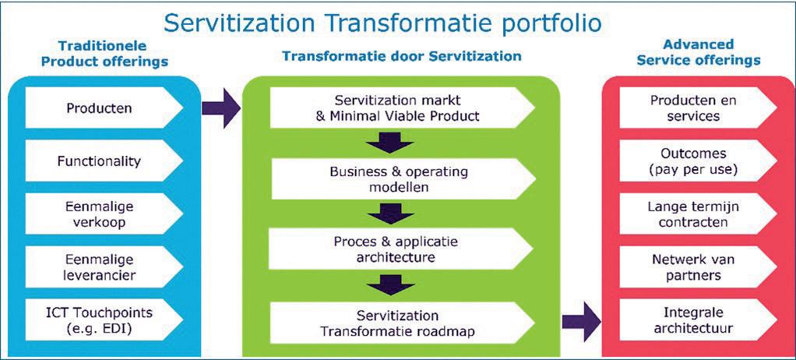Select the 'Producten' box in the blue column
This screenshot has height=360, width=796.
[99, 108]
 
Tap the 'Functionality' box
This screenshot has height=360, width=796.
[99, 161]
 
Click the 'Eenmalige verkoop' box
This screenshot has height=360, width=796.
[99, 214]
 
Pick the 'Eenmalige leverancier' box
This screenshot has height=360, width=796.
[99, 267]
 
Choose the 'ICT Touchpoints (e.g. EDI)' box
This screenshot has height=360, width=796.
[99, 319]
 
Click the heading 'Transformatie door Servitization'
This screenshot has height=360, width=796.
[401, 56]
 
